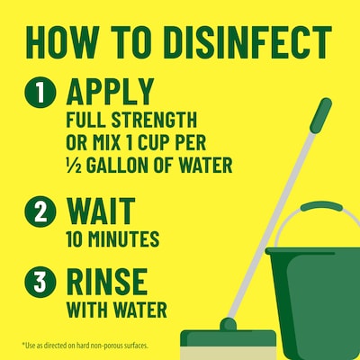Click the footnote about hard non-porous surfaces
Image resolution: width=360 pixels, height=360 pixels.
pos(85,346)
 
